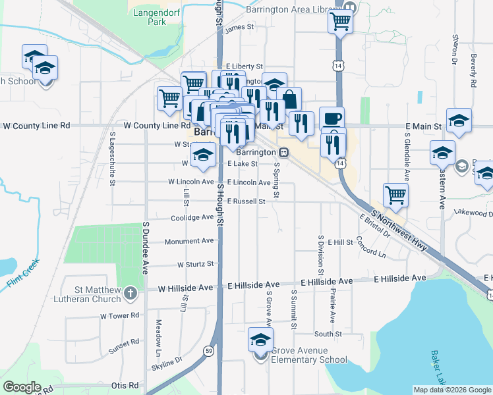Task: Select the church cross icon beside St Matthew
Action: tap(130, 292)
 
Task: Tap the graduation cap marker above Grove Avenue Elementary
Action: tap(260, 340)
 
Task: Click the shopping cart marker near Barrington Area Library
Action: tap(340, 22)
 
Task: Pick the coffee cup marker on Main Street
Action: tap(332, 118)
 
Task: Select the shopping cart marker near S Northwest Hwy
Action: tap(395, 194)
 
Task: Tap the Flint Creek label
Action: tap(24, 275)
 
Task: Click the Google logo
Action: tap(22, 387)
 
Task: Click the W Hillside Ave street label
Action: tap(185, 288)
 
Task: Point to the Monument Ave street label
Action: tap(189, 242)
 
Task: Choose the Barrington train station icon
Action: tap(283, 151)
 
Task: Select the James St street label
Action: tap(239, 28)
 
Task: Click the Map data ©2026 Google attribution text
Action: tap(451, 390)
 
